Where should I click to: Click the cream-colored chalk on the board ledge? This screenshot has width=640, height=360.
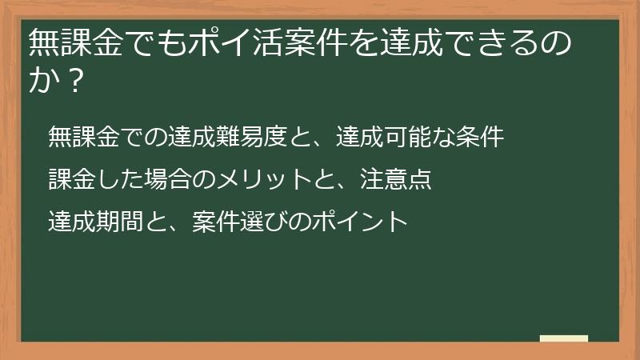[x=564, y=338]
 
